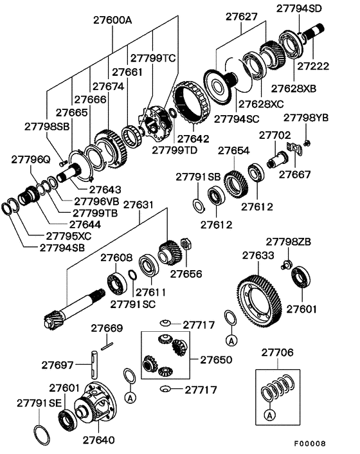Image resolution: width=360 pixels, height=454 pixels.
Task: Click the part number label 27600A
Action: (113, 21)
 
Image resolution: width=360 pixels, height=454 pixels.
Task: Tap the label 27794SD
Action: (299, 8)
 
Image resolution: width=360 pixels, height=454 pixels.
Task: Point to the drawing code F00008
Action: (310, 443)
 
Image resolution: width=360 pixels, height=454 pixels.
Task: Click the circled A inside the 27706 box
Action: (269, 415)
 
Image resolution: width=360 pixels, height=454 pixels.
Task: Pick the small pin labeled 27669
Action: (107, 346)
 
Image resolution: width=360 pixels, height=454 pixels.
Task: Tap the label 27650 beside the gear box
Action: (216, 359)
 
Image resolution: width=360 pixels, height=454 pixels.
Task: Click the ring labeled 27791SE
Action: (42, 435)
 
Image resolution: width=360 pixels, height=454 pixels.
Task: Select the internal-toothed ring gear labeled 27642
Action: (190, 104)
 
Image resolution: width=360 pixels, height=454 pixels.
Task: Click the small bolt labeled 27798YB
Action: (307, 143)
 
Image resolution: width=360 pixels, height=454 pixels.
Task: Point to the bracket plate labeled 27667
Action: (294, 148)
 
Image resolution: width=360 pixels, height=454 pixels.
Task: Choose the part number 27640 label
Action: (99, 440)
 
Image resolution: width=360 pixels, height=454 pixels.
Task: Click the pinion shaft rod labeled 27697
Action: (94, 365)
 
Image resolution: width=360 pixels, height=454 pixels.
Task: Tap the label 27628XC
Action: (261, 104)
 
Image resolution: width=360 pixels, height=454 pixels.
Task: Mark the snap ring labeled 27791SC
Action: (132, 275)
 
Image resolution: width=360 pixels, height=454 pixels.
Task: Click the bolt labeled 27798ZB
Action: (285, 265)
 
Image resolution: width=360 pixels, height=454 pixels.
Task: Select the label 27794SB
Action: (62, 248)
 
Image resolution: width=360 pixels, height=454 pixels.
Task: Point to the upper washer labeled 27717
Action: (165, 323)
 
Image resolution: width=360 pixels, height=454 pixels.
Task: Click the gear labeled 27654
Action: (236, 185)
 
